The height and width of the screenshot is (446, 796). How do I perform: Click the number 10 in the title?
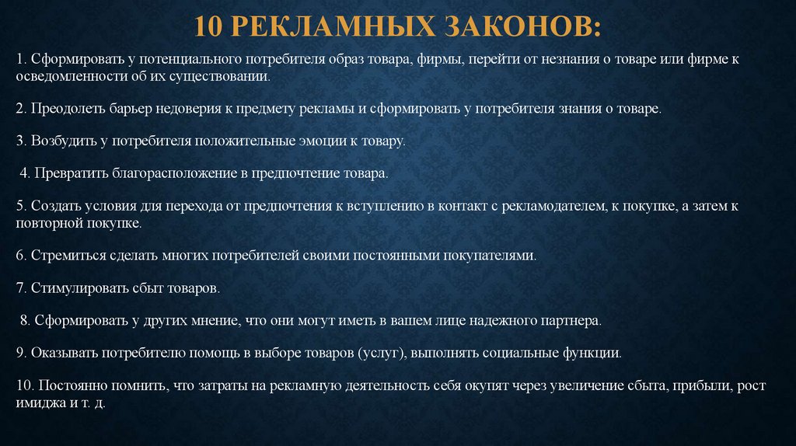211,27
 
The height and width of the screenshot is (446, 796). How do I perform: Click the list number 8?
24,319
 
